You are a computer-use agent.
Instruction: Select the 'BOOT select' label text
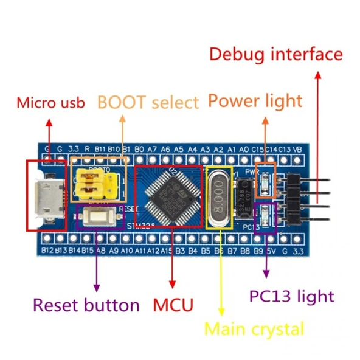point(148,102)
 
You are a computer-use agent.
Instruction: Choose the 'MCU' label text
point(173,304)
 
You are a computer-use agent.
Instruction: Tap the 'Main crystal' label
point(254,329)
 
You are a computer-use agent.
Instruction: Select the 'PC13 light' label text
point(291,296)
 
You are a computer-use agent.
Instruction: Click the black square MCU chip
point(167,195)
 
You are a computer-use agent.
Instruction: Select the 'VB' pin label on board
point(297,148)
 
